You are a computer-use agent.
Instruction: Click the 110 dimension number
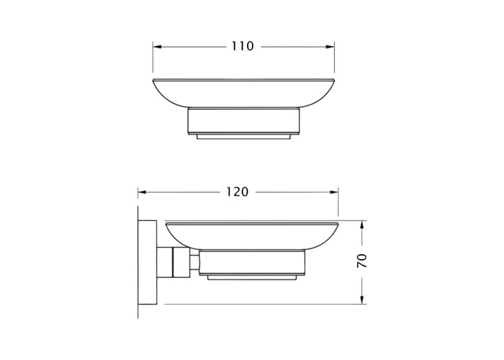(243, 47)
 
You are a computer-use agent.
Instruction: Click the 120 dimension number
(237, 192)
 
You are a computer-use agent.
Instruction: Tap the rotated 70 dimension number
(362, 261)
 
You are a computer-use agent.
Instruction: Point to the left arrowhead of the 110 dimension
(157, 47)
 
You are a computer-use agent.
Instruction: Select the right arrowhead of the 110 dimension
(330, 47)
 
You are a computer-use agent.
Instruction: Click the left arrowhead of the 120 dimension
(142, 192)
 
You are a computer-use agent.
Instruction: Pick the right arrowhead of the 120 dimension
(334, 192)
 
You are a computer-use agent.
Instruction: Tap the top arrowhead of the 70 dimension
(362, 225)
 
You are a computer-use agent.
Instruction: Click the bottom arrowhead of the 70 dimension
(362, 300)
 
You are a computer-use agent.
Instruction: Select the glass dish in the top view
(243, 93)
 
